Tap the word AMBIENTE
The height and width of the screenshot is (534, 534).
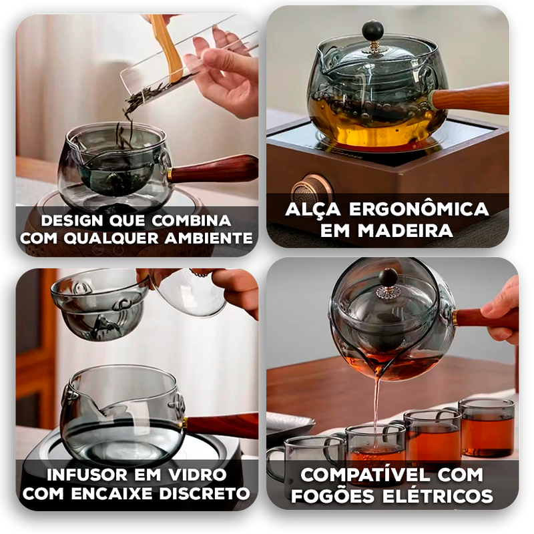[x=208, y=238]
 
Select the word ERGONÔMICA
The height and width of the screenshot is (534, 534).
[x=419, y=209]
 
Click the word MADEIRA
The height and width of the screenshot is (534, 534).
[x=405, y=230]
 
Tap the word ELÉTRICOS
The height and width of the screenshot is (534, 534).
[x=438, y=496]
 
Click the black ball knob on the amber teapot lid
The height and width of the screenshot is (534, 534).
[x=372, y=31]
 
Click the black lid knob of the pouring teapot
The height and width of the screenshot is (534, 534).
[x=388, y=277]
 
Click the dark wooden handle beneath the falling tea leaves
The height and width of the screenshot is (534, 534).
[x=213, y=170]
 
